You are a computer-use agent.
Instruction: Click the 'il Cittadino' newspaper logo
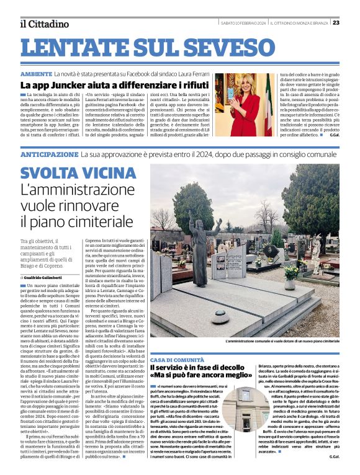pos(43,24)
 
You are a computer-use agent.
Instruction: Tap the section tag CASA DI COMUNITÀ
pos(177,360)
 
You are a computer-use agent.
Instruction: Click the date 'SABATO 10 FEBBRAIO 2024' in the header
pos(243,23)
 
